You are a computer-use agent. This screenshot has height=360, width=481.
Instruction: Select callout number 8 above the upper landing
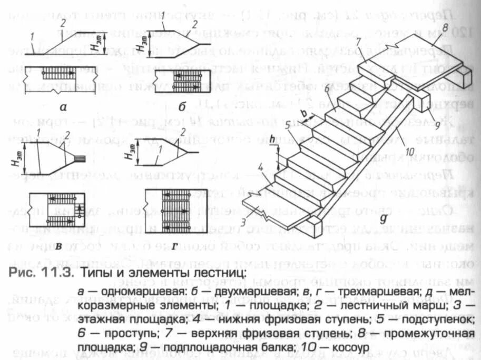(x=445, y=27)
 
